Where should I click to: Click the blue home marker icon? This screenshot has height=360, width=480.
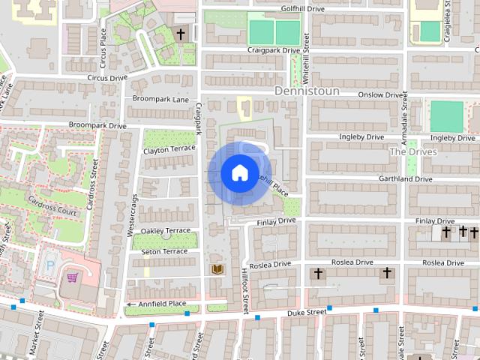pos(238,173)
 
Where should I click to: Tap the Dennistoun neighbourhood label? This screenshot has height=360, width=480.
pos(307,91)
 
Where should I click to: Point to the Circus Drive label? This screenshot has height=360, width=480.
pos(107,77)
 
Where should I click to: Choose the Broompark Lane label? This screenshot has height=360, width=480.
pos(160,99)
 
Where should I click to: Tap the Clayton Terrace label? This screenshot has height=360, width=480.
pos(169,149)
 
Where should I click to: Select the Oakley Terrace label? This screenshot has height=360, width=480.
pos(166,230)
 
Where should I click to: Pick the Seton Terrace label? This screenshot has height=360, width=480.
pos(164,251)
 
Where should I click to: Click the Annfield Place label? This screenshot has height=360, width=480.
pos(160,304)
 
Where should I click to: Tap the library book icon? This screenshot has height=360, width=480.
pos(217,268)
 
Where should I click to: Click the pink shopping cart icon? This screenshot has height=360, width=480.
pos(73,277)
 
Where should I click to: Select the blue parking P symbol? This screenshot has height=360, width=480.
pos(51,265)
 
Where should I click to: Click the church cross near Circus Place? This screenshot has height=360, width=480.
pos(180,34)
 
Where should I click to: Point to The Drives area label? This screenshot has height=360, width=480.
pos(412,151)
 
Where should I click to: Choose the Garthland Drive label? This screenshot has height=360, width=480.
pos(406,179)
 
